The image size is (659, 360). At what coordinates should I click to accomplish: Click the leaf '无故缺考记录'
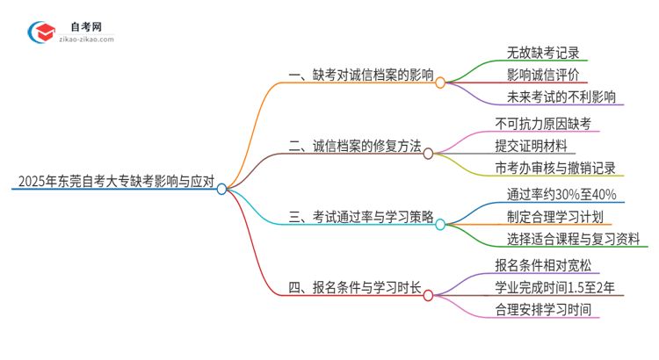(x=543, y=52)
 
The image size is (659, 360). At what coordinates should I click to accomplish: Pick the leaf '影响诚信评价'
(x=543, y=75)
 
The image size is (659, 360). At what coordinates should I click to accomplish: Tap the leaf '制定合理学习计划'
(x=554, y=216)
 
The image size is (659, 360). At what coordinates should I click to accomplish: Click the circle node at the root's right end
(x=221, y=188)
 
